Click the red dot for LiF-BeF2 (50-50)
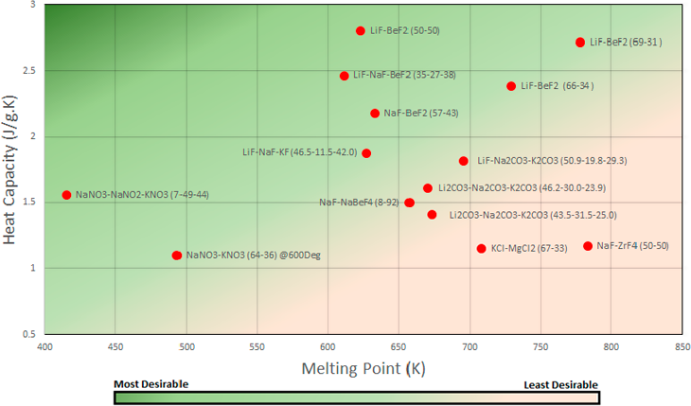(x=361, y=31)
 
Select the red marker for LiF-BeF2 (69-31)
(x=580, y=43)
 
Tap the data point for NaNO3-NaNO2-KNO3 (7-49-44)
(x=66, y=195)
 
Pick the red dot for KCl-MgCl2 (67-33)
(x=481, y=249)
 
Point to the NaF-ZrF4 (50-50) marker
(x=588, y=246)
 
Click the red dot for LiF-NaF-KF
(x=366, y=153)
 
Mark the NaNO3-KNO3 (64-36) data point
(x=177, y=256)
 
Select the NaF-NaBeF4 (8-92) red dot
(x=409, y=203)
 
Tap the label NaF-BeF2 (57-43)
(x=421, y=114)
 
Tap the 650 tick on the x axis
(x=399, y=346)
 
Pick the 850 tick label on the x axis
(x=681, y=346)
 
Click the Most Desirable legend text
(x=151, y=384)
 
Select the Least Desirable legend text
(x=561, y=384)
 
